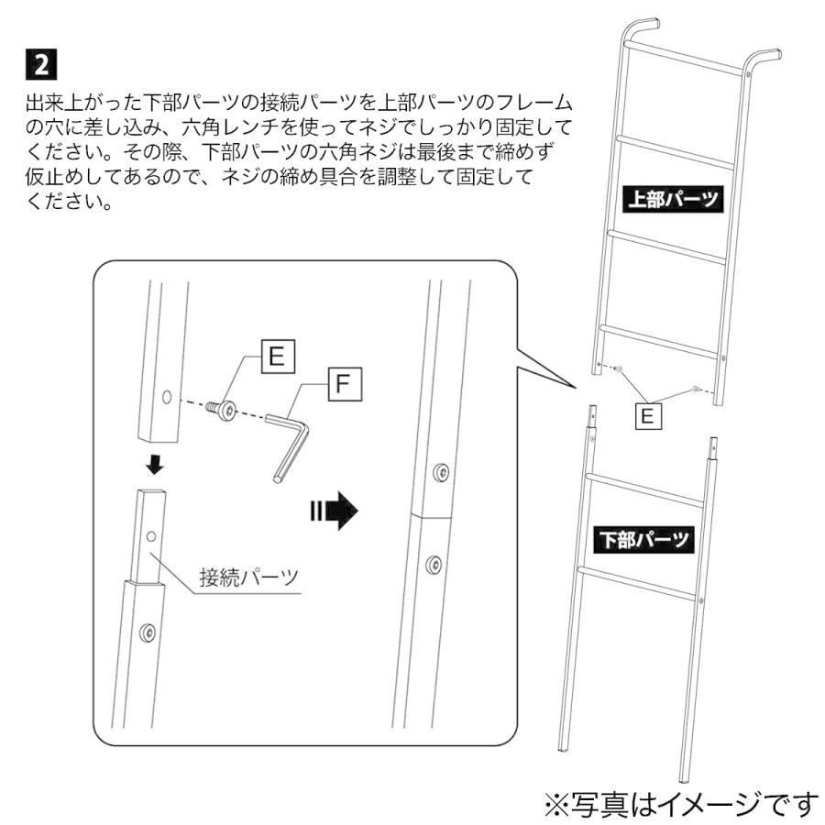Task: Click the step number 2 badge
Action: point(41,65)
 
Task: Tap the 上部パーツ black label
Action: point(673,198)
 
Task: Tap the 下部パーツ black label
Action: point(644,538)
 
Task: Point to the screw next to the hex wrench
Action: point(223,410)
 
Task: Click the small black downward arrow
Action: point(155,466)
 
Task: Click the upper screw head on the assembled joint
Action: point(443,473)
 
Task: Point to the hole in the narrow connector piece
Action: point(151,533)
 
